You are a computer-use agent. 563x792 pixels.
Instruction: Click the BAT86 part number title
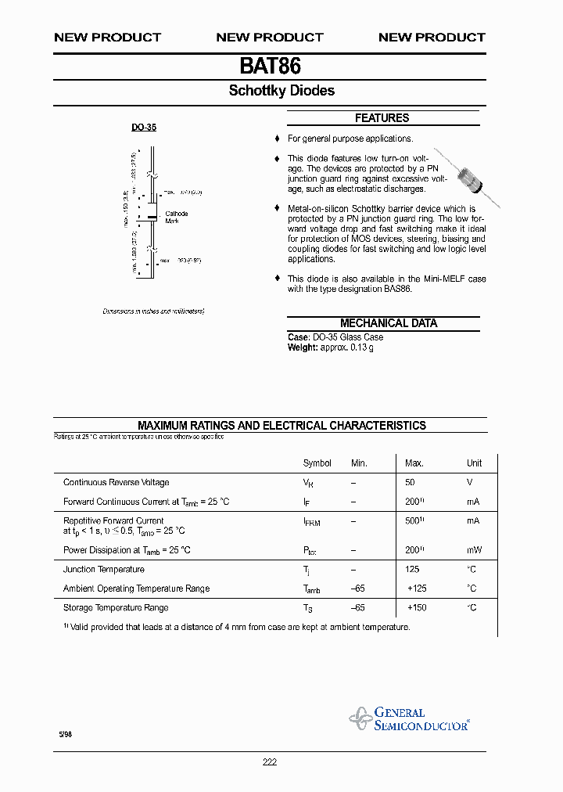coord(270,66)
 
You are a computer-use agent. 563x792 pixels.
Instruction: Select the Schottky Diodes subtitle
coord(281,91)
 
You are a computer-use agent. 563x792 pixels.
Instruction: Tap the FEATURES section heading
coord(382,118)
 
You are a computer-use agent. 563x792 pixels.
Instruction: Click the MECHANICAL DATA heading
coord(388,323)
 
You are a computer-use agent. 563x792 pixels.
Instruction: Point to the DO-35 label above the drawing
coord(143,127)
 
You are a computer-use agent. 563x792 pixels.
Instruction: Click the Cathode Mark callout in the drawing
coord(176,217)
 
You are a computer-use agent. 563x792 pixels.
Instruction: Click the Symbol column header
coord(317,463)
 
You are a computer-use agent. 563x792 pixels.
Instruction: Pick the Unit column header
coord(474,463)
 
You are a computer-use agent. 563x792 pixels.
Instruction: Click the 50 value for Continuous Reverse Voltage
coord(410,483)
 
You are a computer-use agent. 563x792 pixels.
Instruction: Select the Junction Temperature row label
coord(103,570)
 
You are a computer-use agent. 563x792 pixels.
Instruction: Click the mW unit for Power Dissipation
coord(474,550)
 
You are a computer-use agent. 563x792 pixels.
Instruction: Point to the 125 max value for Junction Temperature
coord(412,570)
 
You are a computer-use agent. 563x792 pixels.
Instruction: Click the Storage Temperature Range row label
coord(116,608)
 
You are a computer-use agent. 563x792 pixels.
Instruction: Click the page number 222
coord(269,762)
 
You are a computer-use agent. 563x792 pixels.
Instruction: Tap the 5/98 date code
coord(65,735)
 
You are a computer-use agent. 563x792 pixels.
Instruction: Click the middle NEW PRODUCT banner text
coord(269,38)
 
